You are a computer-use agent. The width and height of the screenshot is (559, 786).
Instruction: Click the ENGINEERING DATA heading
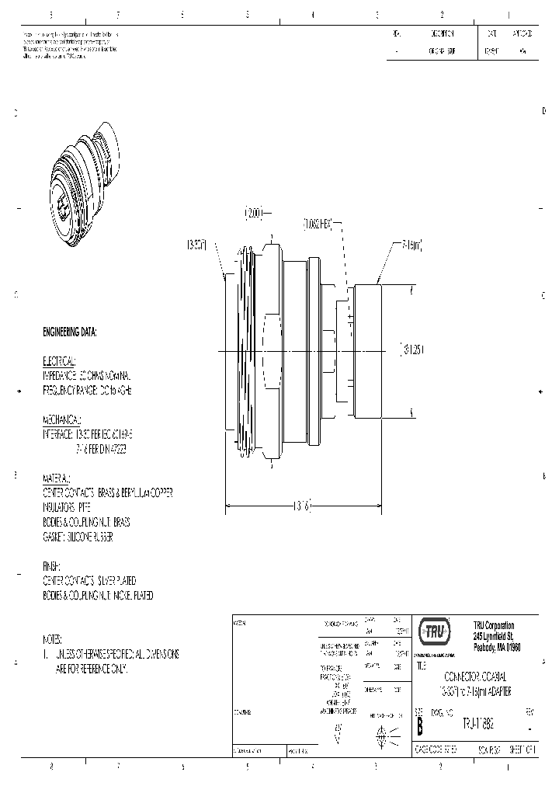70,332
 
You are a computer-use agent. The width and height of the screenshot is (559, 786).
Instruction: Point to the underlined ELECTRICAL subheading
58,362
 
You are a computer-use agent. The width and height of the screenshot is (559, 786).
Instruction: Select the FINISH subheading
51,567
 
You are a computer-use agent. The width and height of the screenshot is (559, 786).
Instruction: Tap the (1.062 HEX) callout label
318,224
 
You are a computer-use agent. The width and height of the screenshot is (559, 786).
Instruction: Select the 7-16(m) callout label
411,245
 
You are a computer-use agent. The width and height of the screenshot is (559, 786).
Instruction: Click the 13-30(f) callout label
196,245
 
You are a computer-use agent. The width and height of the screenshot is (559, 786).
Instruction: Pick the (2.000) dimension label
255,211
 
